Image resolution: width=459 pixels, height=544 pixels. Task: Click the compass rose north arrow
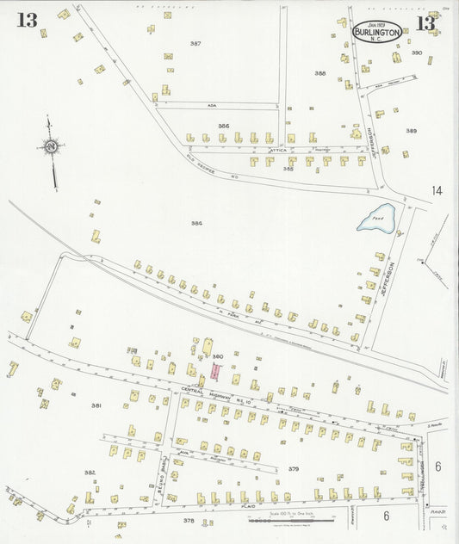(x=52, y=148)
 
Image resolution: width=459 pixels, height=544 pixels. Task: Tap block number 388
(x=320, y=73)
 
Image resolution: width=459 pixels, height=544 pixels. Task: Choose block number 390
(x=416, y=53)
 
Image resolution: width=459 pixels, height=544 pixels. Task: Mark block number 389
(x=411, y=131)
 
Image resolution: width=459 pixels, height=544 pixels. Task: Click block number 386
(x=223, y=127)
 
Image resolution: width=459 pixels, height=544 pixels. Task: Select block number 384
(x=197, y=224)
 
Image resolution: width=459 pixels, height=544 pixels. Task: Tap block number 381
(x=96, y=405)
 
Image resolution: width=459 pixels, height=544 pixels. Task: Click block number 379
(x=293, y=468)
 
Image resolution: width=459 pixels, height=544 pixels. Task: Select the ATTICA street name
(x=277, y=150)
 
